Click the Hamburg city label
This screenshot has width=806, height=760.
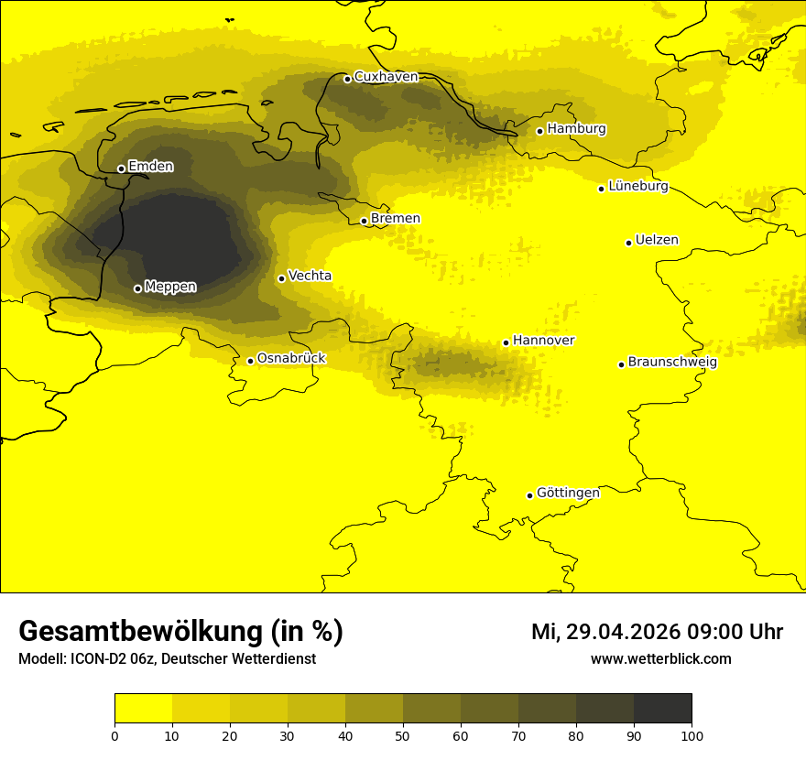pos(576,129)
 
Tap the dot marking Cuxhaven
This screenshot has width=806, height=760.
pos(347,79)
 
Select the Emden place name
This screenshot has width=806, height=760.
pos(150,167)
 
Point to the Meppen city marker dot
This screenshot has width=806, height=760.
pos(137,288)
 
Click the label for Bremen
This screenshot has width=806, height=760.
pos(396,219)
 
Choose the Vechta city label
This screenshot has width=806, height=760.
pos(310,276)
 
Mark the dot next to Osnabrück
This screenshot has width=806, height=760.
pos(250,361)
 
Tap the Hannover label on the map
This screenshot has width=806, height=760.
pos(543,341)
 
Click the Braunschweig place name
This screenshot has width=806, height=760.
pos(672,363)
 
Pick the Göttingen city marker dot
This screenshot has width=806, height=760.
pos(529,495)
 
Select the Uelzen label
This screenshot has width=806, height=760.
pos(657,241)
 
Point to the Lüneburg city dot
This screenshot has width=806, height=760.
pos(601,189)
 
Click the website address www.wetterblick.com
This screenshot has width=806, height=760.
pos(660,658)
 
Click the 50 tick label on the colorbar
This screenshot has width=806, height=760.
pos(403,735)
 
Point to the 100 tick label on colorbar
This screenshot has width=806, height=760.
pos(692,735)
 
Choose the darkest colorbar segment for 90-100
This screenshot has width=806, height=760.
pos(662,709)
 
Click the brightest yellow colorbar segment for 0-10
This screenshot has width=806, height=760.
pos(143,709)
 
